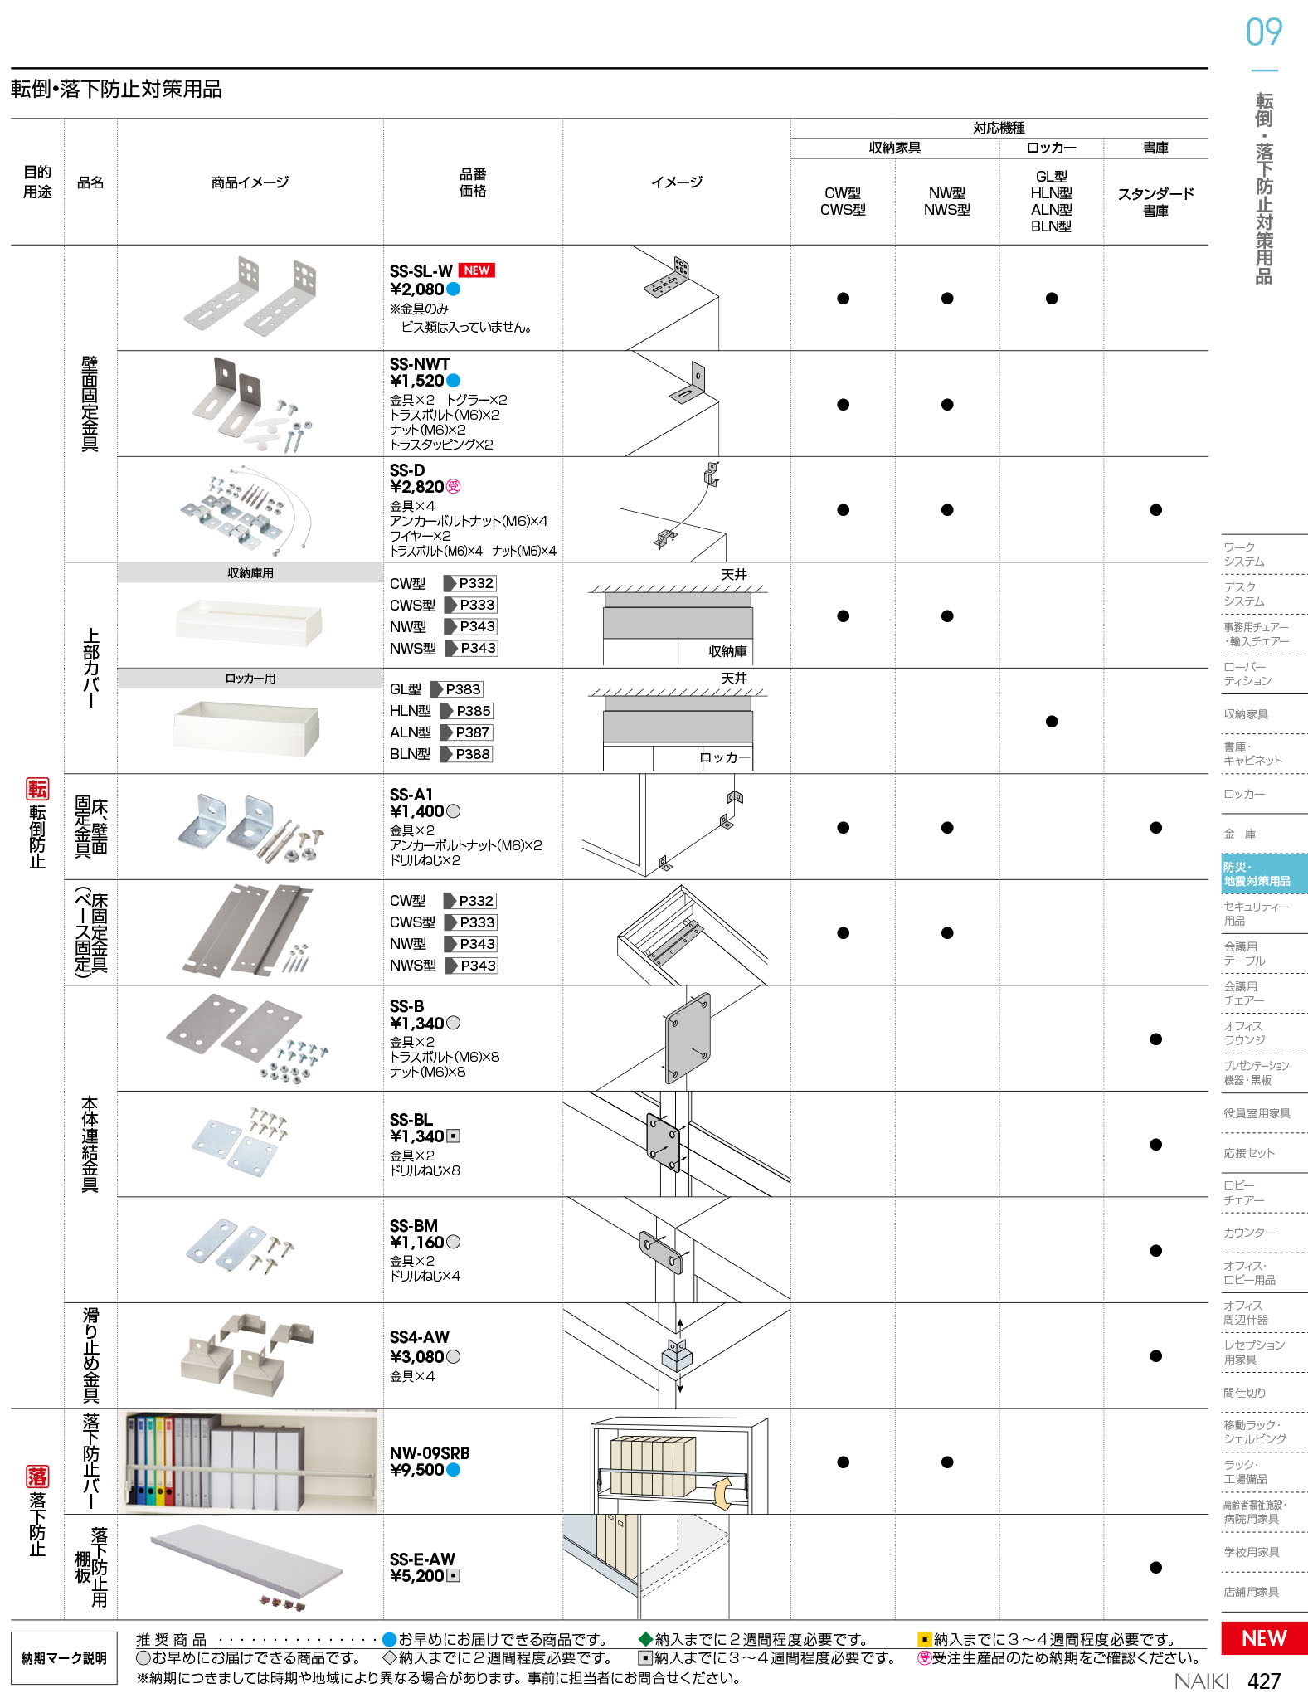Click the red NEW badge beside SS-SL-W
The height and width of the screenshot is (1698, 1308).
[x=476, y=270]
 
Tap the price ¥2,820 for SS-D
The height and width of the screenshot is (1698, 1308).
[x=417, y=487]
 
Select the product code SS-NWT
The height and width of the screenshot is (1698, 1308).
[x=420, y=364]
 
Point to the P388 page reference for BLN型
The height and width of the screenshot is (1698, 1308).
[x=473, y=754]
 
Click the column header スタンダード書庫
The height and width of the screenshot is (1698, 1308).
[x=1155, y=202]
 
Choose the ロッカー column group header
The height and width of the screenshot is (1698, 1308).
[x=1051, y=148]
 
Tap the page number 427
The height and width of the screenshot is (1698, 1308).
[x=1264, y=1681]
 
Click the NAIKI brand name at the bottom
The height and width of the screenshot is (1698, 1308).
[x=1201, y=1681]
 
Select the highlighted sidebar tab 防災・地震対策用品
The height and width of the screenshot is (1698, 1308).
[x=1264, y=874]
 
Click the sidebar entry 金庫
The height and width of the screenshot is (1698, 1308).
[x=1240, y=834]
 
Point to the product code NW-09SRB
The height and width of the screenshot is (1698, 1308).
[x=430, y=1452]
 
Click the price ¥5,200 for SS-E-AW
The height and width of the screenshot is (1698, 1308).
[x=417, y=1576]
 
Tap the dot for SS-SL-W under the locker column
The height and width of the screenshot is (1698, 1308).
[x=1052, y=299]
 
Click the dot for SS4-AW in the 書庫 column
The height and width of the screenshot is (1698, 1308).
[x=1155, y=1356]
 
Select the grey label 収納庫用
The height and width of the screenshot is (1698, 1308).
[x=250, y=573]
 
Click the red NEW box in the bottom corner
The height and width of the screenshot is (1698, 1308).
[x=1264, y=1637]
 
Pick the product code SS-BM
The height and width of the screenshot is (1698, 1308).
[x=414, y=1226]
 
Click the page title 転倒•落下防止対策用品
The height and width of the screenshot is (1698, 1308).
[x=116, y=90]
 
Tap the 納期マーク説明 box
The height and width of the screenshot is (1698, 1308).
[x=64, y=1658]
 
